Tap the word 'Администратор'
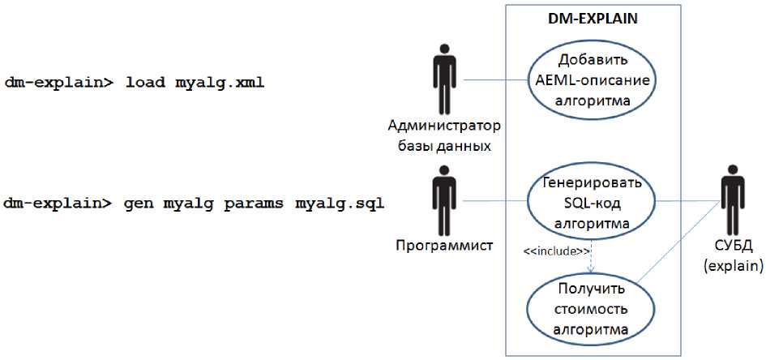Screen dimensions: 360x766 coord(444,126)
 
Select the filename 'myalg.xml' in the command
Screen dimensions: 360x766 coord(220,84)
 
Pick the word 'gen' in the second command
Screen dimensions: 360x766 coord(139,203)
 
